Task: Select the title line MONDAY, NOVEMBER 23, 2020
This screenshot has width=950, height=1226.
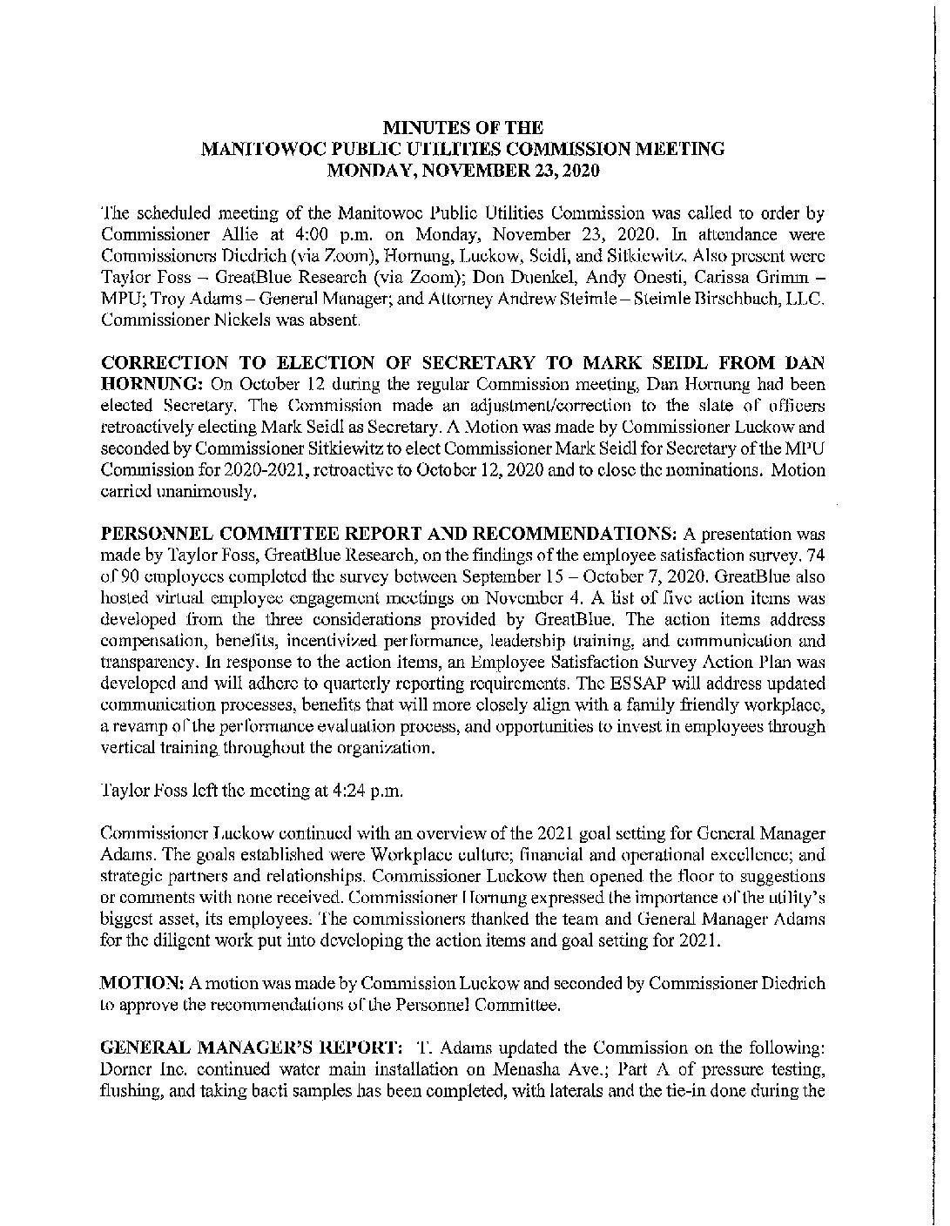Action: (x=462, y=171)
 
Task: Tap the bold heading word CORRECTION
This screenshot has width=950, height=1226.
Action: (x=165, y=363)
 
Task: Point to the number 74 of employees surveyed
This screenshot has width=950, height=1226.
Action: (x=816, y=556)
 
